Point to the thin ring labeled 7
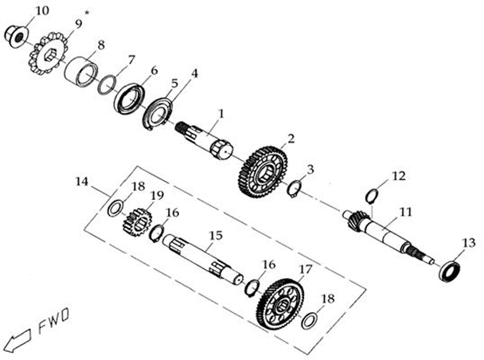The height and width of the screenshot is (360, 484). [x=107, y=84]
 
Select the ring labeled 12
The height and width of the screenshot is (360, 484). [x=371, y=194]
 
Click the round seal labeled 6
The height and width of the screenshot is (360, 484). [x=130, y=99]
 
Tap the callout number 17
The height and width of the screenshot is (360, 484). [x=306, y=270]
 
